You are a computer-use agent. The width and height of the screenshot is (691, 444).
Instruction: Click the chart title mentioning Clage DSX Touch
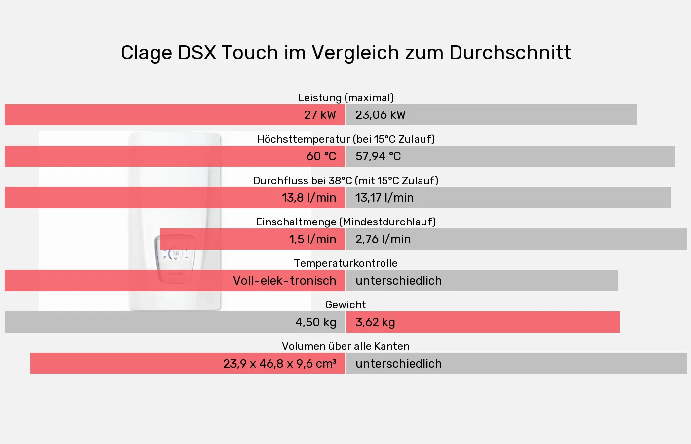pos(345,53)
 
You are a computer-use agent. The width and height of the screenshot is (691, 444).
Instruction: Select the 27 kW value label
pos(319,115)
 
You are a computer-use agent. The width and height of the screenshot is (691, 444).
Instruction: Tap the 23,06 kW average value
pos(380,115)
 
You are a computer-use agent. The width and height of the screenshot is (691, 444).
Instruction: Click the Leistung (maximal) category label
pos(345,98)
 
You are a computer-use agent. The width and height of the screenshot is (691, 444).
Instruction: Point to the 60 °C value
pos(321,156)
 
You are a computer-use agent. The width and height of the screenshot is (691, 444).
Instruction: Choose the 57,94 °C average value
pos(378,156)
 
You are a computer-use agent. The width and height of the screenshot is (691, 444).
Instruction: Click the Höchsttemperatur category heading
pos(345,139)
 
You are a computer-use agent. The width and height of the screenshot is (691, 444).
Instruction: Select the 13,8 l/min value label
pos(308,198)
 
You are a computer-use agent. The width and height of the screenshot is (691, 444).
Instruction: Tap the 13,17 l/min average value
pos(384,198)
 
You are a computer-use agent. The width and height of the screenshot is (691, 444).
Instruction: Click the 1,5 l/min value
pos(312,239)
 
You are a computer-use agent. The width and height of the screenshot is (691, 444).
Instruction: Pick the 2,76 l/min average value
pos(383,239)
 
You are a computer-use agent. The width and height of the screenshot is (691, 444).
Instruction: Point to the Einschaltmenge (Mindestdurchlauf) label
pos(345,222)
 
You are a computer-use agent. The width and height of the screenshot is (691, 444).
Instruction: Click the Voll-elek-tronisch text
pos(284,281)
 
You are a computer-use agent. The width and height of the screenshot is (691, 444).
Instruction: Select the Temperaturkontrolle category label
pos(345,263)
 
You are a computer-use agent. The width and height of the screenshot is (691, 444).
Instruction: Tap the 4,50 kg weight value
pos(315,322)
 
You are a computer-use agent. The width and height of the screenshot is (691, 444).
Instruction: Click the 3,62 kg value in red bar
pos(375,322)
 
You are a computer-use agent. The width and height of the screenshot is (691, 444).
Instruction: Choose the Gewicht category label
pos(345,305)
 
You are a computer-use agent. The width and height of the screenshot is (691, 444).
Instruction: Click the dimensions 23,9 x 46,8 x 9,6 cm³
pos(279,364)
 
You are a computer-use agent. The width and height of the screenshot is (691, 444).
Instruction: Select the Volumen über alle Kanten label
pos(345,346)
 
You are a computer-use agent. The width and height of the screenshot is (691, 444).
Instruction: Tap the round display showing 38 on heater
pos(175,254)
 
